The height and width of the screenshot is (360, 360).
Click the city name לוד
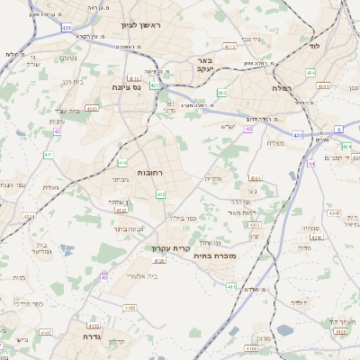pyautogui.click(x=314, y=44)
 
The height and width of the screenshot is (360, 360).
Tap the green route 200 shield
pyautogui.click(x=223, y=92)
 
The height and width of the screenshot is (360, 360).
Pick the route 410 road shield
pyautogui.click(x=121, y=163)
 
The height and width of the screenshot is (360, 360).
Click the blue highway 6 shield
pyautogui.click(x=339, y=130)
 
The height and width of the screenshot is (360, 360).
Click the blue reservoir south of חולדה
pyautogui.click(x=285, y=330)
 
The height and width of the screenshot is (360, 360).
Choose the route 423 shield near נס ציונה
pyautogui.click(x=155, y=86)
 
